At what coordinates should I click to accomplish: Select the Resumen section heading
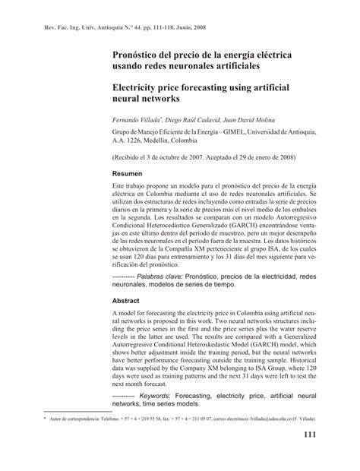point(129,174)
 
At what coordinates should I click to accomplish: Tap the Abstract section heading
point(128,299)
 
